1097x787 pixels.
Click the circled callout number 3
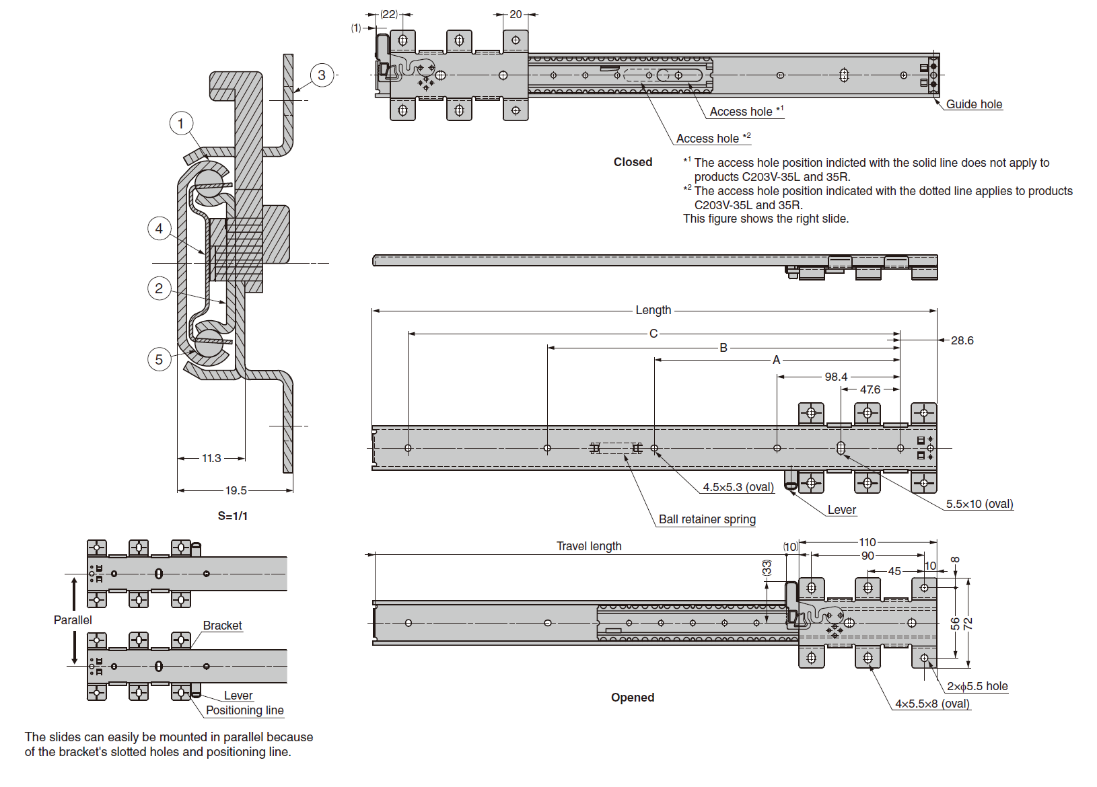[x=322, y=75]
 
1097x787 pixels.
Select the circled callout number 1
[x=180, y=124]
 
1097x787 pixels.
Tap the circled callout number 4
[x=159, y=229]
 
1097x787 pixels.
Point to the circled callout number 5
[x=159, y=359]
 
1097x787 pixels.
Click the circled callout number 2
[x=159, y=289]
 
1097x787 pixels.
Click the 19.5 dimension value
[x=236, y=490]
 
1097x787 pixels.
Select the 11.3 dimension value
[x=211, y=458]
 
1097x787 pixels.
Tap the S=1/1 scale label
[x=233, y=516]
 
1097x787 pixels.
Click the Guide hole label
[x=974, y=104]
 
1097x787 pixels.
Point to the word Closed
[x=633, y=162]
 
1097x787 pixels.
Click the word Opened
[x=633, y=698]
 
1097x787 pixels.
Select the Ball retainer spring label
[x=707, y=519]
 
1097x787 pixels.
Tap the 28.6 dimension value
[x=962, y=340]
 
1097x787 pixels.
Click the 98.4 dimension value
[x=836, y=377]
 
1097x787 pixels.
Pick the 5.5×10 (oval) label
[x=979, y=504]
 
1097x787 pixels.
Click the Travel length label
[x=589, y=546]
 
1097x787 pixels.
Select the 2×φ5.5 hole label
[x=977, y=686]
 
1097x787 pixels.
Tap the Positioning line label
[x=245, y=710]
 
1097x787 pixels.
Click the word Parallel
[x=73, y=620]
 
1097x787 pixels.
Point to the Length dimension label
[x=653, y=310]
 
